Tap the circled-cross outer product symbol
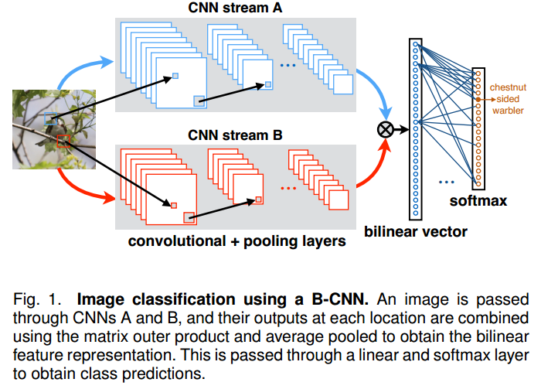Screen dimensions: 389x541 point(383,128)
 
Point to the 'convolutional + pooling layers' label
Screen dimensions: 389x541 point(236,241)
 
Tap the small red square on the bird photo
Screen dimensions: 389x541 point(63,141)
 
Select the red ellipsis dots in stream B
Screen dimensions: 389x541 point(288,188)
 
